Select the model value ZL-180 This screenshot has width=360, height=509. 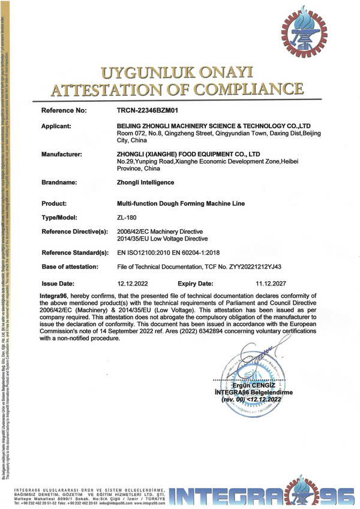click(127, 218)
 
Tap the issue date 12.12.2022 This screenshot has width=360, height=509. click(132, 282)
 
